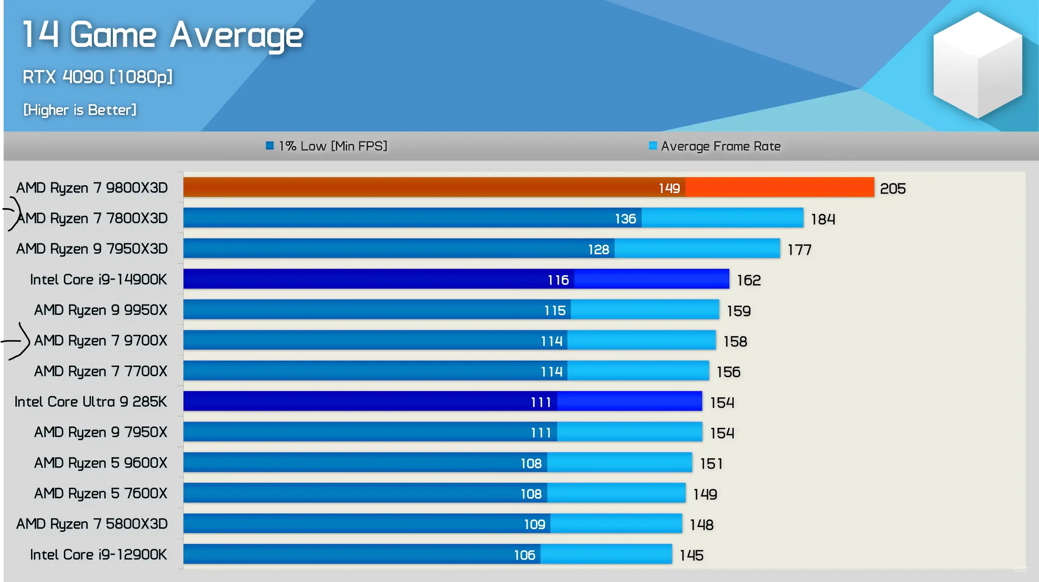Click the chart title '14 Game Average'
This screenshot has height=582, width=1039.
click(x=163, y=36)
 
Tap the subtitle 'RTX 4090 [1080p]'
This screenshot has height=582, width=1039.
click(x=97, y=77)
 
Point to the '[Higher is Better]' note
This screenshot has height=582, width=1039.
click(x=80, y=110)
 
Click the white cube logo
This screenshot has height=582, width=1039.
click(x=978, y=65)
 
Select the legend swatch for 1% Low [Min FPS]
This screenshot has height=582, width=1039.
click(x=270, y=145)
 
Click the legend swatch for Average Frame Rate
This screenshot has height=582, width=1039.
click(x=653, y=145)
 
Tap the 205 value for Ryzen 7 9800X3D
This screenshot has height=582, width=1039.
click(x=893, y=189)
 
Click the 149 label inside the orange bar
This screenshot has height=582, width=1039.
click(x=669, y=188)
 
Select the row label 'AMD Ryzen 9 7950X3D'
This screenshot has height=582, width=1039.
click(x=92, y=249)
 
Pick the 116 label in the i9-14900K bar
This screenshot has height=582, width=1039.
click(x=558, y=280)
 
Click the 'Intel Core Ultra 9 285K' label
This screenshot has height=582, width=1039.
click(x=91, y=402)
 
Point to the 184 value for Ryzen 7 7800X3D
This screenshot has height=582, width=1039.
click(x=823, y=219)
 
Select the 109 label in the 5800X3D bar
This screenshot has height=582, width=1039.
click(x=535, y=525)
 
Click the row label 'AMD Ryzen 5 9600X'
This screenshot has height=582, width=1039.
click(x=101, y=463)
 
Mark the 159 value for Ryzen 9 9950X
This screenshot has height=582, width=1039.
click(x=739, y=311)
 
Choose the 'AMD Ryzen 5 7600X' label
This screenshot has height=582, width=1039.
click(x=101, y=493)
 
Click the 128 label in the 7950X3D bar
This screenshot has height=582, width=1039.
click(x=599, y=250)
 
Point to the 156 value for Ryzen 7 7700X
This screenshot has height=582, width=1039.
click(x=728, y=372)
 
